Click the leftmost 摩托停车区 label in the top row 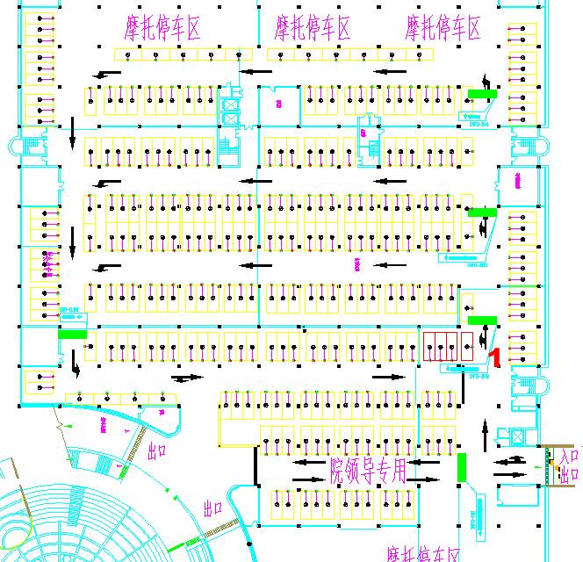pos(163,29)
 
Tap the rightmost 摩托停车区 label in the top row pos(443,29)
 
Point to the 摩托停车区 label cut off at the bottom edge pos(423,553)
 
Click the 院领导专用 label pos(369,472)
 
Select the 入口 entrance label pos(569,456)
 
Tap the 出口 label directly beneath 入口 pos(569,474)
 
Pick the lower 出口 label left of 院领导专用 pos(214,508)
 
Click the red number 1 pos(494,357)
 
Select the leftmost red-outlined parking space pos(430,348)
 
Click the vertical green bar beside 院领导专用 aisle pos(462,466)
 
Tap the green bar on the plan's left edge pos(72,333)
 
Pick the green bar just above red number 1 pos(482,321)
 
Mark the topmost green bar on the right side pos(482,92)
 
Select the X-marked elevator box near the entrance pos(518,436)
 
